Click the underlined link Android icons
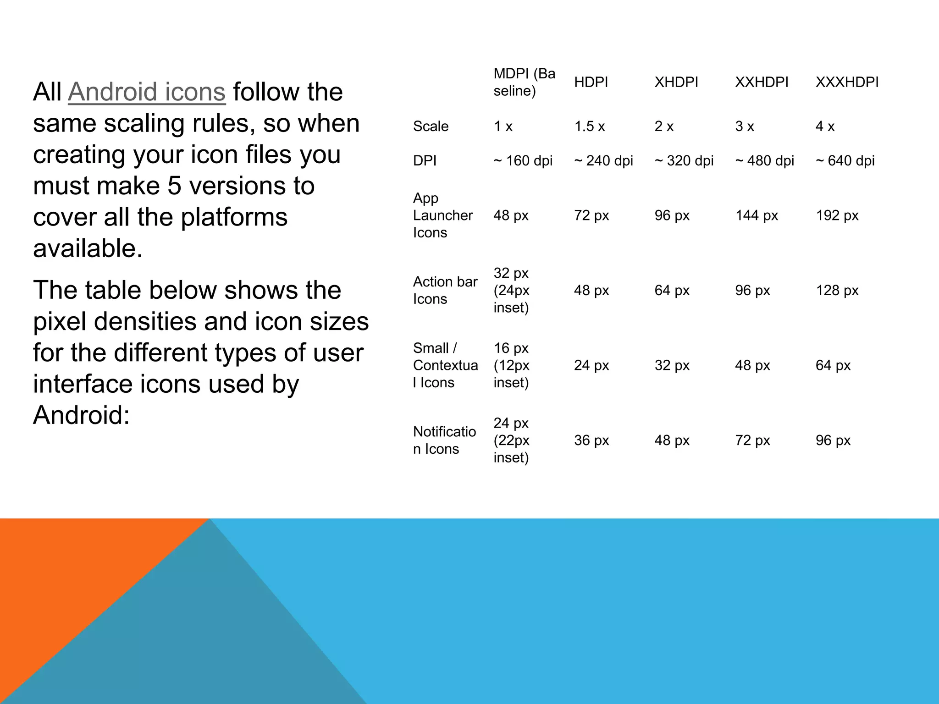[x=147, y=92]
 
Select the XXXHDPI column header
[x=847, y=82]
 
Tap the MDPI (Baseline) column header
[x=524, y=82]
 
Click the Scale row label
[x=431, y=126]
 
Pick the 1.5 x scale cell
[x=589, y=126]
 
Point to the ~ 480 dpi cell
[x=764, y=161]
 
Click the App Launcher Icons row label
[x=442, y=215]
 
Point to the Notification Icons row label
[x=444, y=440]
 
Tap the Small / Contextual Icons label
[x=445, y=365]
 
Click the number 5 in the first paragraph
[x=174, y=186]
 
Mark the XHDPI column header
[x=676, y=82]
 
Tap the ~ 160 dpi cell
[x=523, y=161]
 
